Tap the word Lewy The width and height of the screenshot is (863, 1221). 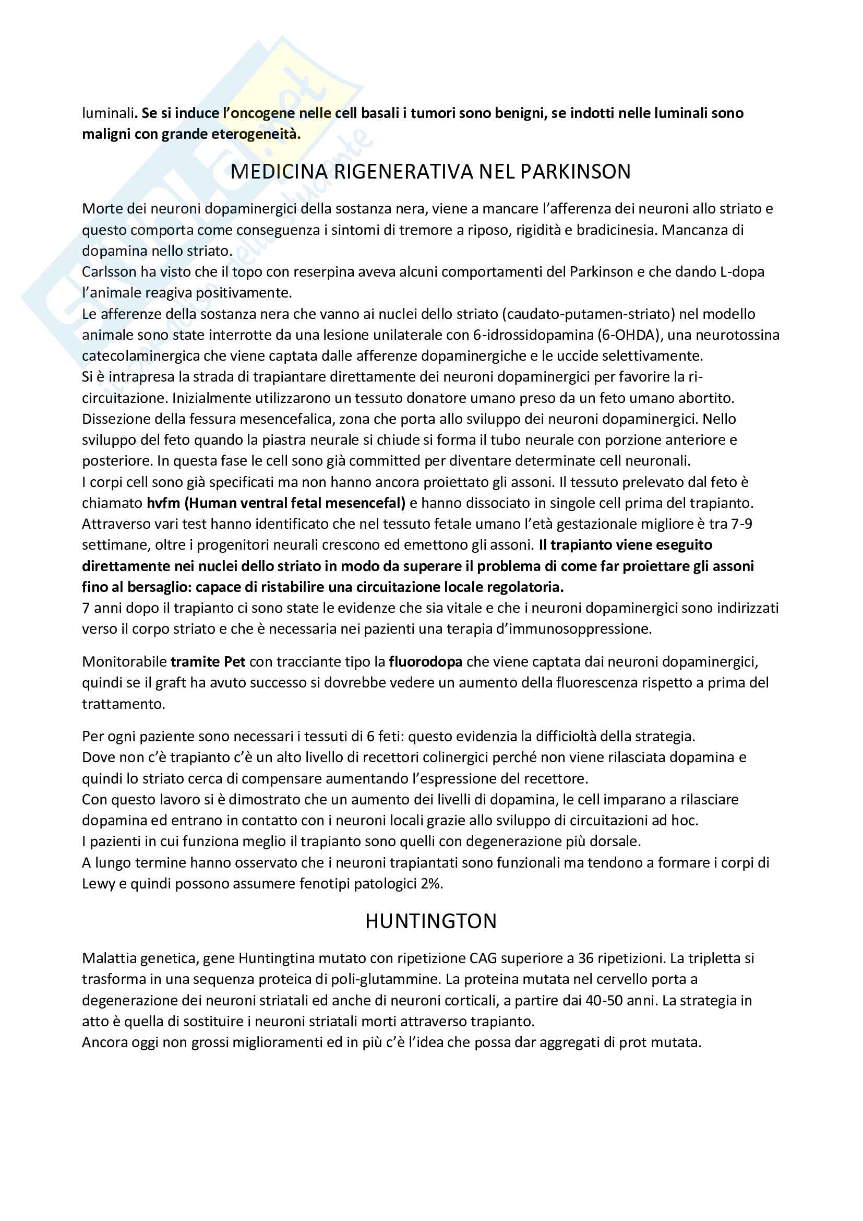pyautogui.click(x=98, y=884)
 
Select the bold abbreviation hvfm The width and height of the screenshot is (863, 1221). pyautogui.click(x=163, y=503)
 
